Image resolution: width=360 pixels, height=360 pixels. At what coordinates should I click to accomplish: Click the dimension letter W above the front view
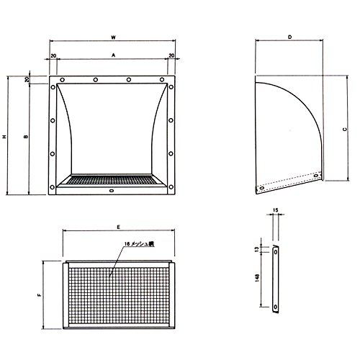(114, 37)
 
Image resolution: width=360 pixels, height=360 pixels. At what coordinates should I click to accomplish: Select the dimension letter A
(114, 55)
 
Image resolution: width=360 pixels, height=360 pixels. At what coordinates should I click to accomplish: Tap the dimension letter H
(4, 137)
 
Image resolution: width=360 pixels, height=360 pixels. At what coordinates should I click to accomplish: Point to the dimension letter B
(26, 137)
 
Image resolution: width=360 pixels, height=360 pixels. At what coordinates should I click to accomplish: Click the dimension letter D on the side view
(290, 37)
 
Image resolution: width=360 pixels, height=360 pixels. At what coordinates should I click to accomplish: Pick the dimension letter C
(345, 130)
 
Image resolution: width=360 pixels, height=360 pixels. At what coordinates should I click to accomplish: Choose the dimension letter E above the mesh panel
(119, 227)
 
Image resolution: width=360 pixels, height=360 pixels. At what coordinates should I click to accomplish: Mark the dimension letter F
(40, 294)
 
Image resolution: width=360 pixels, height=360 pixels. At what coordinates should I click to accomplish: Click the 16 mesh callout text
(140, 244)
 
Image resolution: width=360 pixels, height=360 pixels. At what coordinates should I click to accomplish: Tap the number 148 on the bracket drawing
(258, 277)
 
